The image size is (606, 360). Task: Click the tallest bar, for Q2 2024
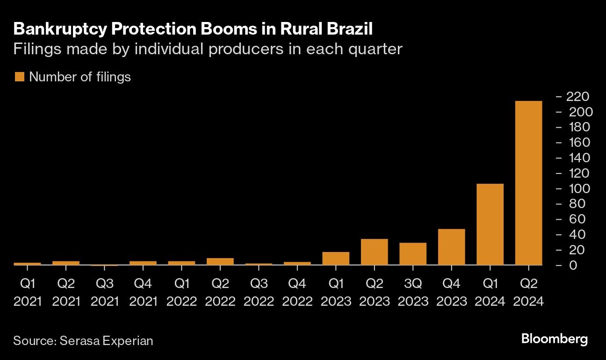tap(528, 183)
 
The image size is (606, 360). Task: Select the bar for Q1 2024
tap(490, 224)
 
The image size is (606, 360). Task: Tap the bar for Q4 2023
tap(451, 247)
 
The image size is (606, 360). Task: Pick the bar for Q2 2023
tap(374, 252)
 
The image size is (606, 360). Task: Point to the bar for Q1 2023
tap(336, 259)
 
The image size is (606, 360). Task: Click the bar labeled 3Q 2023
tap(413, 254)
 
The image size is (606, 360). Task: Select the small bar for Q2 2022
tap(220, 261)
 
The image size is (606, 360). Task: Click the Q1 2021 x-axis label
tap(28, 292)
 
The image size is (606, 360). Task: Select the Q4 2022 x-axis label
tap(297, 292)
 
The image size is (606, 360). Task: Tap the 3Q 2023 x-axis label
tap(413, 292)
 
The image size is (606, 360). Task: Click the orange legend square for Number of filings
tap(19, 77)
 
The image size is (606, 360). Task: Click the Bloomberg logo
tap(554, 339)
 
